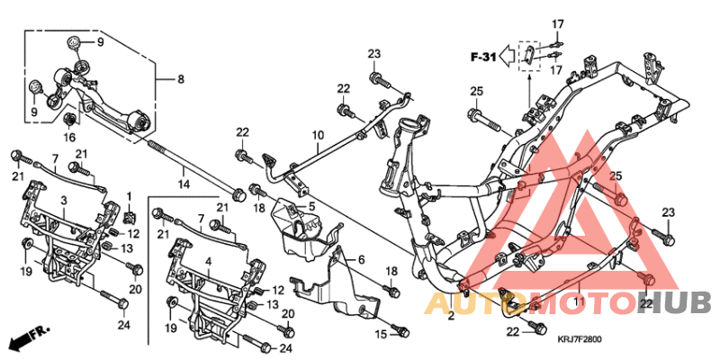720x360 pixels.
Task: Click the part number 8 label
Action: (180, 79)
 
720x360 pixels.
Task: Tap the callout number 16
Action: (69, 137)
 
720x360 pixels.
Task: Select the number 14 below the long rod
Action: (184, 184)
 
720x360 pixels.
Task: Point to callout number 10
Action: (317, 136)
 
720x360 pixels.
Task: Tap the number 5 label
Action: (311, 206)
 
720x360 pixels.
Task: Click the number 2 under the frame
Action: (451, 316)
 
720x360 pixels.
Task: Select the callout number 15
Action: (380, 334)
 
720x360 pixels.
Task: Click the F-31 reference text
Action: (483, 57)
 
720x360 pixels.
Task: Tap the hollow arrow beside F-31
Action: (508, 57)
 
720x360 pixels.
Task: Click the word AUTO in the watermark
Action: (464, 302)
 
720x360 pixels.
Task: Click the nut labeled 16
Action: (69, 120)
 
